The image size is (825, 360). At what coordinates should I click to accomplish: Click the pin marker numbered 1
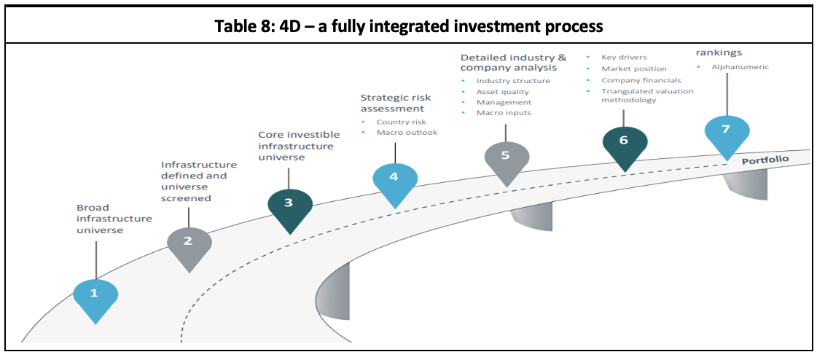click(95, 294)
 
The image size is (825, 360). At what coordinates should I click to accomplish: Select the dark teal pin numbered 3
click(289, 203)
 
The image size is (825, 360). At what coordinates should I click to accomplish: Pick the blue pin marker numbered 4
click(394, 177)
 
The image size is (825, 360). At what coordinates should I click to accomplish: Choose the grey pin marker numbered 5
click(505, 156)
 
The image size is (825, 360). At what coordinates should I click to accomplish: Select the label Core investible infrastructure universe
click(296, 146)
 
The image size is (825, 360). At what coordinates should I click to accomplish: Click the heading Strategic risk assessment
click(396, 103)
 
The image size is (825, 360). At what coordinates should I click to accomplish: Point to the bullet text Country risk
click(401, 122)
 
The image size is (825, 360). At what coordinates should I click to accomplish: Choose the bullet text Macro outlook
click(407, 133)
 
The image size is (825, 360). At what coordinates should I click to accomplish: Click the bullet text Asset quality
click(502, 92)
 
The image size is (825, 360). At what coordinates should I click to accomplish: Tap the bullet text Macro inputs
click(504, 113)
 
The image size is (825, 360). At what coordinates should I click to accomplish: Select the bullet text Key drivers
click(624, 57)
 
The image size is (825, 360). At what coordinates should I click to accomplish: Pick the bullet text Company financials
click(641, 80)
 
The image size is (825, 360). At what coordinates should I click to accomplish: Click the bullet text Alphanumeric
click(740, 67)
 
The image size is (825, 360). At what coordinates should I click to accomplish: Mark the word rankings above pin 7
click(719, 52)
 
